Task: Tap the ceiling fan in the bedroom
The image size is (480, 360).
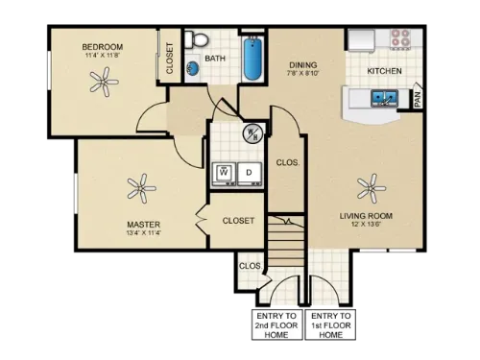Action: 105,84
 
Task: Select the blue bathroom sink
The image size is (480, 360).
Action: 192,68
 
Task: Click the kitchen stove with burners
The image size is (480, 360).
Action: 396,39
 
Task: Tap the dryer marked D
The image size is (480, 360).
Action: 249,173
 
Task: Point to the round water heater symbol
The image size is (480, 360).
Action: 253,133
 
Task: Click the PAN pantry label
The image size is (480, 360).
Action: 418,97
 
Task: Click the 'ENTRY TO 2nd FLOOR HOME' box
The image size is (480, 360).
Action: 276,326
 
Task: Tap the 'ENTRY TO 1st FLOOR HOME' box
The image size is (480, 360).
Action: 330,326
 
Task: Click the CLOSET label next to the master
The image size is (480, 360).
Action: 238,221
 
